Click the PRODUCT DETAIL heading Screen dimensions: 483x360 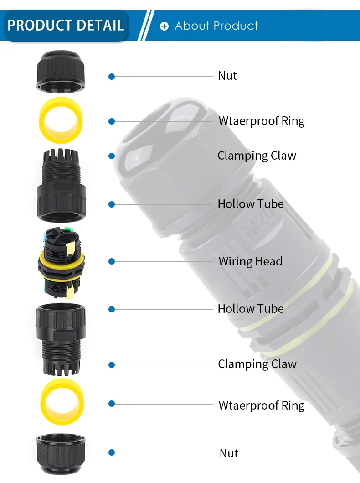pyautogui.click(x=66, y=25)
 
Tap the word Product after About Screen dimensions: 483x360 pyautogui.click(x=237, y=26)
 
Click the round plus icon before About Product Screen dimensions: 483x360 pyautogui.click(x=165, y=26)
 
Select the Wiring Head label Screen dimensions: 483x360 pyautogui.click(x=250, y=261)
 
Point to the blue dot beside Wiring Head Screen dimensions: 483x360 pyautogui.click(x=112, y=261)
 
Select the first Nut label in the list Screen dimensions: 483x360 pyautogui.click(x=227, y=76)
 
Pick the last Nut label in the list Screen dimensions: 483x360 pyautogui.click(x=229, y=453)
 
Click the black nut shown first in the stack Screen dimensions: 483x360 pyautogui.click(x=60, y=71)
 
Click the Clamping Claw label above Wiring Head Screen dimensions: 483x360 pyautogui.click(x=257, y=156)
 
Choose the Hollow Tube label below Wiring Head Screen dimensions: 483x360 pyautogui.click(x=251, y=309)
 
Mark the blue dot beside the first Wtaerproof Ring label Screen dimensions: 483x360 pyautogui.click(x=112, y=121)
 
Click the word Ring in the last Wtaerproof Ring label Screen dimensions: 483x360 pyautogui.click(x=292, y=405)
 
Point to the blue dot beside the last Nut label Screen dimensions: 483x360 pyautogui.click(x=112, y=452)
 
